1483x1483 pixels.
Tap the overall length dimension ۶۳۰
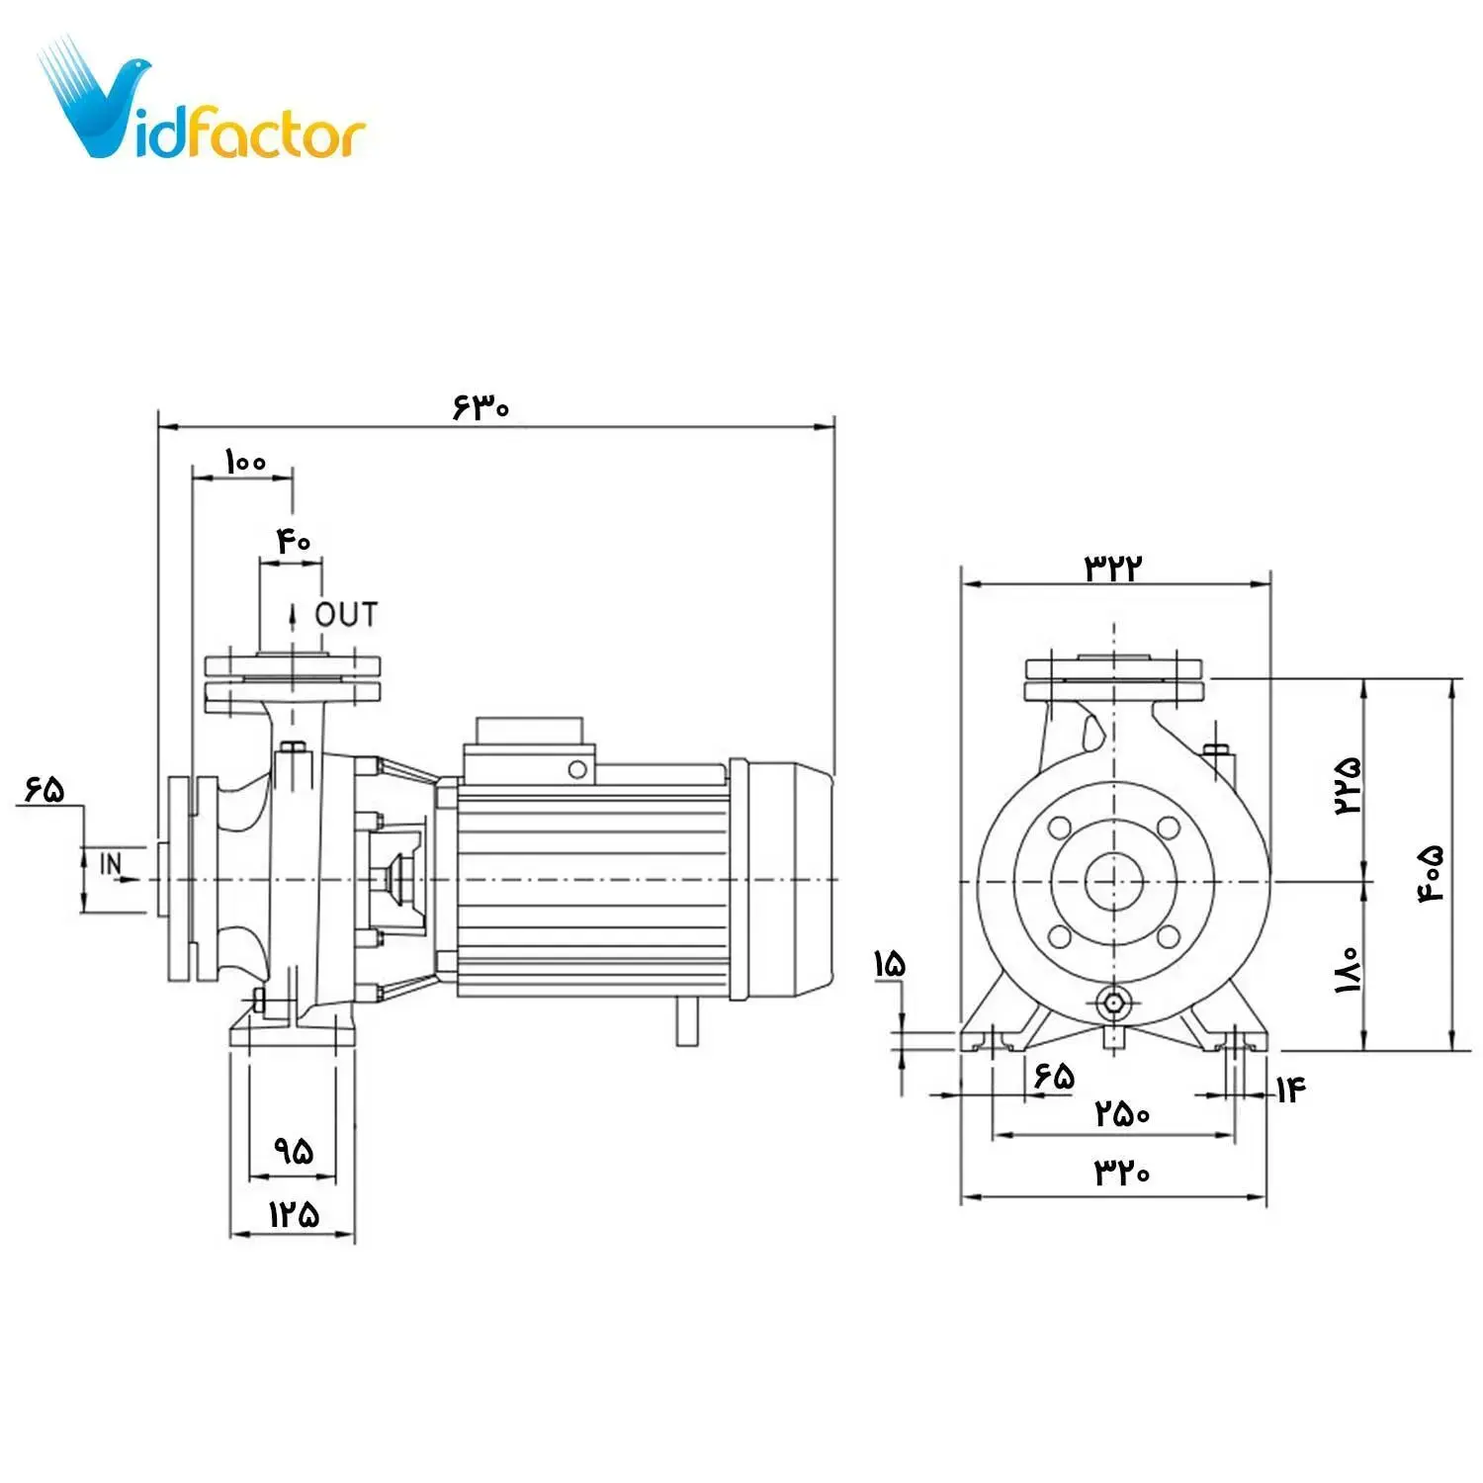pyautogui.click(x=480, y=406)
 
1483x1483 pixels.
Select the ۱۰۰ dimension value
pyautogui.click(x=245, y=461)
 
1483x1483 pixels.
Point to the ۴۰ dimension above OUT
pyautogui.click(x=294, y=541)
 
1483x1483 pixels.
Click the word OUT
pyautogui.click(x=346, y=615)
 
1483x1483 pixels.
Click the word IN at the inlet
pyautogui.click(x=112, y=864)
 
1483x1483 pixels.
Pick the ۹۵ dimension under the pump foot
pyautogui.click(x=294, y=1150)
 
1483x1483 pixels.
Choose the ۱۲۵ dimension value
pyautogui.click(x=294, y=1214)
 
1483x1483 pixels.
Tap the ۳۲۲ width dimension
pyautogui.click(x=1114, y=567)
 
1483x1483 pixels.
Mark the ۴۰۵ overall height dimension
pyautogui.click(x=1433, y=873)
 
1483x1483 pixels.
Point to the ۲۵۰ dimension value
pyautogui.click(x=1122, y=1114)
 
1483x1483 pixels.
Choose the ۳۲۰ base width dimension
pyautogui.click(x=1122, y=1173)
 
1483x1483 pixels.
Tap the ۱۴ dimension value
pyautogui.click(x=1290, y=1090)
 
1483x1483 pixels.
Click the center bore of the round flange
pyautogui.click(x=1114, y=880)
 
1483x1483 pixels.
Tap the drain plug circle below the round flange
pyautogui.click(x=1114, y=1003)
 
